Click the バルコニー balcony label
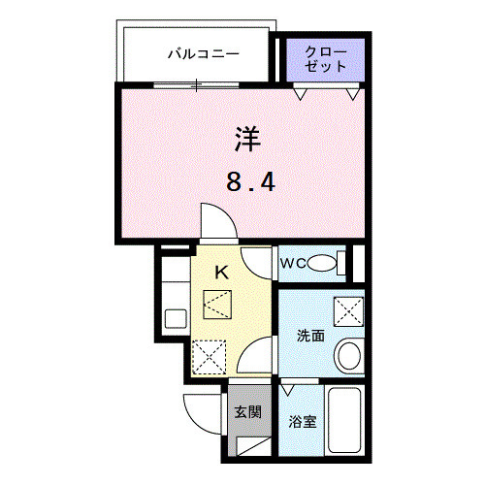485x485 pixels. point(203,54)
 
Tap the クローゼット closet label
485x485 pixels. point(324,58)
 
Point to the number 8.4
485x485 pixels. point(246,181)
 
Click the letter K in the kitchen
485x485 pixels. point(220,274)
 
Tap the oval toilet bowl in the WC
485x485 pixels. point(329,262)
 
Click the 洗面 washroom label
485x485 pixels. point(309,336)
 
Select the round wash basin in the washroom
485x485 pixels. point(348,355)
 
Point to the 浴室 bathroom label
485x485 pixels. point(303,422)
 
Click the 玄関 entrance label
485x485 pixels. point(247,411)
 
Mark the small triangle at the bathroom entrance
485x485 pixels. point(287,388)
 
